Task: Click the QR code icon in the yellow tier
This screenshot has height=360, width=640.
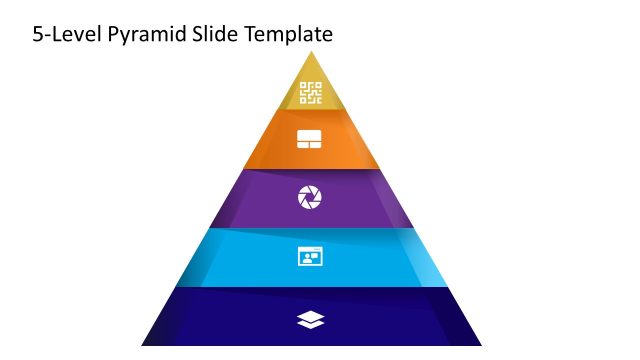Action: click(x=311, y=93)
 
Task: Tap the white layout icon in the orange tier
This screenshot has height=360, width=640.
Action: click(x=310, y=139)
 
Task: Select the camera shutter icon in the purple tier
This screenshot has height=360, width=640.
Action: click(x=310, y=198)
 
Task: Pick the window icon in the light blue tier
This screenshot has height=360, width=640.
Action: click(x=310, y=257)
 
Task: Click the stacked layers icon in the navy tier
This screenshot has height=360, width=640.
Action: click(x=311, y=319)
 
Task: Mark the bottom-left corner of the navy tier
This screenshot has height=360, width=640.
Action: click(x=143, y=344)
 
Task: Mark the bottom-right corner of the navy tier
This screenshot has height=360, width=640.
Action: click(x=480, y=344)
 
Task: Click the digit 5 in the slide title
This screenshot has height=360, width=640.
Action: click(x=38, y=35)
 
